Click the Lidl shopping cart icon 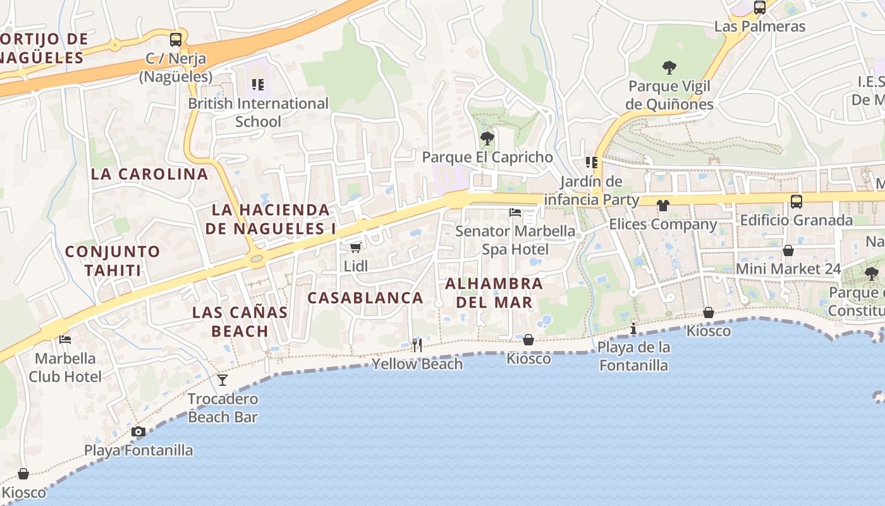point(355,247)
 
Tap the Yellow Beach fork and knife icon point(417,345)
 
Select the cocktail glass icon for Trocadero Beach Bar point(223,379)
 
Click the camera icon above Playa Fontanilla point(138,431)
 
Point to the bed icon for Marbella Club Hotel point(65,340)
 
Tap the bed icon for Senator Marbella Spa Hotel point(515,213)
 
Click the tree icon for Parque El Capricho point(487,138)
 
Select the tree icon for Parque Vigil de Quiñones point(669,67)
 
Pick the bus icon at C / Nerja point(176,39)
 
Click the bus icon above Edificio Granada point(796,202)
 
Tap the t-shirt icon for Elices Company point(662,205)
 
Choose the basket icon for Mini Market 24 point(788,250)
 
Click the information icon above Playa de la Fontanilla point(633,328)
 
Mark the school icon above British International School point(257,84)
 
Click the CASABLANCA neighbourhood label point(365,298)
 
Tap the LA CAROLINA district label point(149,174)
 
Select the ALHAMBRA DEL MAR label point(494,293)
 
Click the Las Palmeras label point(760,27)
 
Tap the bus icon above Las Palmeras point(760,8)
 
